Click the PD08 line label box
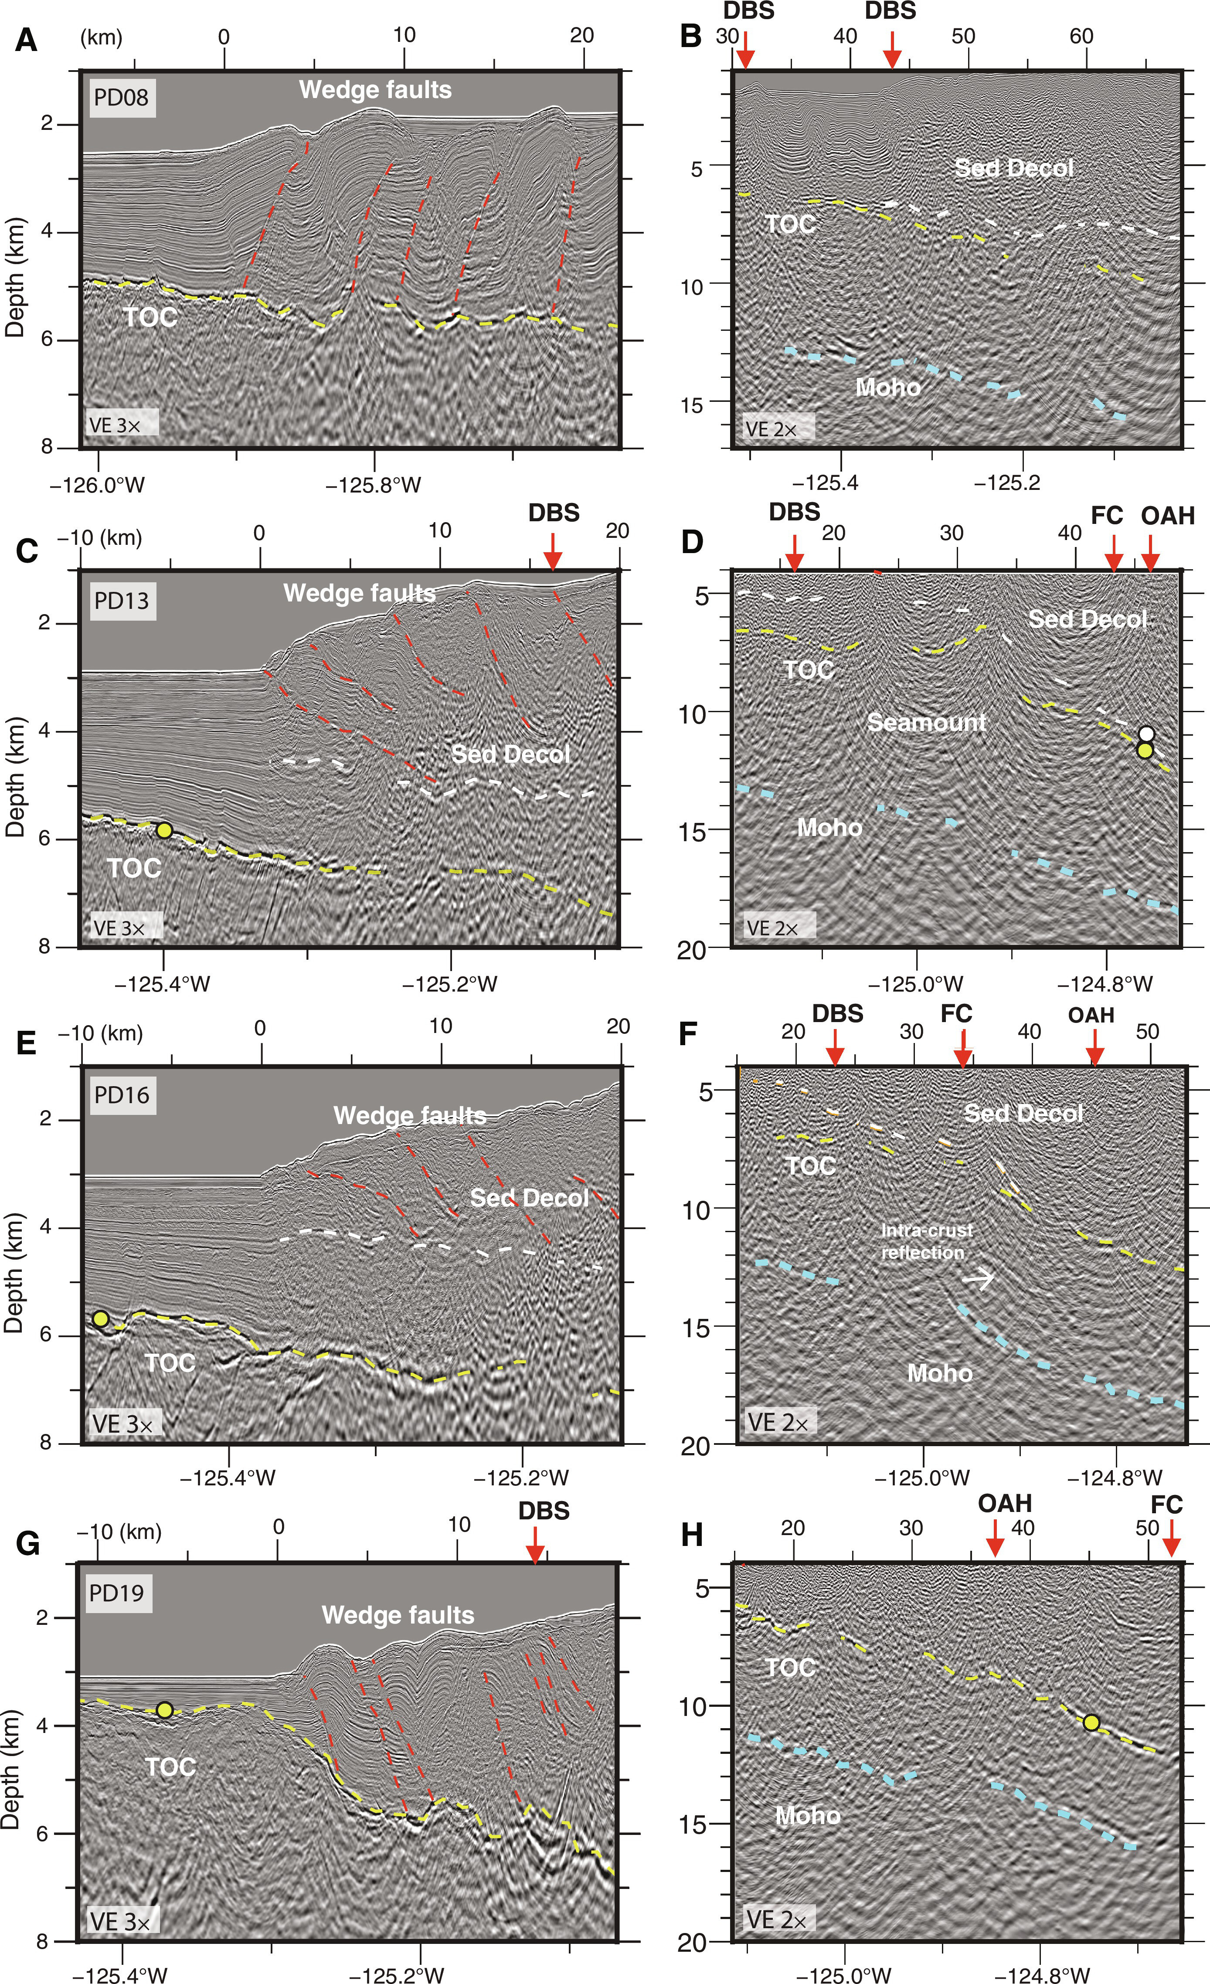(x=122, y=98)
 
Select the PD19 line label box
(x=117, y=1593)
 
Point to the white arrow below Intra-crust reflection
(x=979, y=1277)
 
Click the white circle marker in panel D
(x=1146, y=734)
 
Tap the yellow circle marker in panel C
(x=164, y=830)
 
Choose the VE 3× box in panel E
(x=122, y=1423)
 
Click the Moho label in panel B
(x=888, y=387)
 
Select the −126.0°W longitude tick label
(x=97, y=486)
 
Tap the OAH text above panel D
(x=1167, y=515)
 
